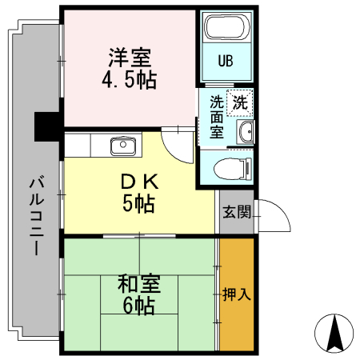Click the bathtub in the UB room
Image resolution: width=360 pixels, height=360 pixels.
tap(227, 26)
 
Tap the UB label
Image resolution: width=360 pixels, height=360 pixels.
tap(226, 61)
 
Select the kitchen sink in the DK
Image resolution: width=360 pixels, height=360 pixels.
tap(123, 146)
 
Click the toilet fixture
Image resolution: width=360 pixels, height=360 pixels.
tap(233, 169)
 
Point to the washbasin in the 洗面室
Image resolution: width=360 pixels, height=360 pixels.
tap(246, 132)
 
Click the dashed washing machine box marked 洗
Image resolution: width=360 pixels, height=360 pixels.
tap(240, 103)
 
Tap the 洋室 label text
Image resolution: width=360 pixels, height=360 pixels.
tap(130, 58)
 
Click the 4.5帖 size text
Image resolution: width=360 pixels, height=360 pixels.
tap(130, 79)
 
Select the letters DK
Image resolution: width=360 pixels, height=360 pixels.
tap(139, 182)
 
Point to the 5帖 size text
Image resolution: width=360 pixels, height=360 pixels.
tap(138, 203)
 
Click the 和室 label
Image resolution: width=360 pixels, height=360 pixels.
tap(139, 283)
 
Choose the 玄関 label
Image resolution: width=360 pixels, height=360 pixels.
tap(237, 212)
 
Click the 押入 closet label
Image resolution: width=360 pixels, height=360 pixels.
tap(237, 294)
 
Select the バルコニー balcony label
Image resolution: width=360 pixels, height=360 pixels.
tap(37, 215)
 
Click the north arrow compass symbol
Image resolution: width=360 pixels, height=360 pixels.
tap(334, 334)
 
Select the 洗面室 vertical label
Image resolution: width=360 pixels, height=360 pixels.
tap(216, 117)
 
